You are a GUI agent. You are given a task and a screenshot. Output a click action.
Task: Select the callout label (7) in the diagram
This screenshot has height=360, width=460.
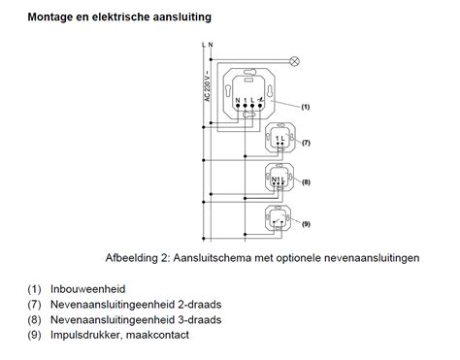pyautogui.click(x=304, y=143)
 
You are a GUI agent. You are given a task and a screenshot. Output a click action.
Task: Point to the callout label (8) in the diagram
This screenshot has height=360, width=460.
pyautogui.click(x=304, y=181)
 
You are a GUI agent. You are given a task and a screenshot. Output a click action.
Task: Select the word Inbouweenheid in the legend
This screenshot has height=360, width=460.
pyautogui.click(x=94, y=288)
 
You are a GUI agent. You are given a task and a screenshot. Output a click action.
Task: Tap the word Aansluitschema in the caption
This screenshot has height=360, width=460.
pyautogui.click(x=225, y=258)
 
